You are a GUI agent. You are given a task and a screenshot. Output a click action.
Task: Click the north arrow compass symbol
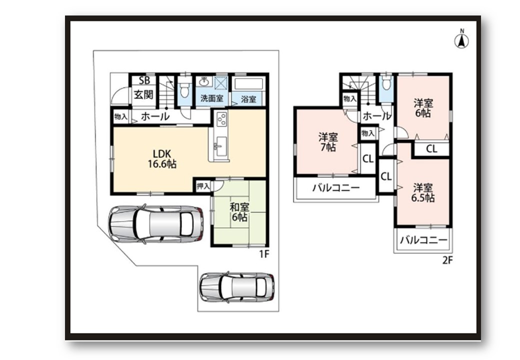pyautogui.click(x=461, y=40)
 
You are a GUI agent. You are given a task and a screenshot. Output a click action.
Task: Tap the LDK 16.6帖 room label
pyautogui.click(x=162, y=159)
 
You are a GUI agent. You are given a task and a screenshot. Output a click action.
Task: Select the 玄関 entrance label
pyautogui.click(x=143, y=94)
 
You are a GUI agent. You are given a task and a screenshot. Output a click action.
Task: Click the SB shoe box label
pyautogui.click(x=144, y=80)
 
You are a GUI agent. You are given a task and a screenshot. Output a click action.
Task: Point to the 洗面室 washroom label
pyautogui.click(x=211, y=98)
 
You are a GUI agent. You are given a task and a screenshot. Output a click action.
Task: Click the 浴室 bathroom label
pyautogui.click(x=248, y=99)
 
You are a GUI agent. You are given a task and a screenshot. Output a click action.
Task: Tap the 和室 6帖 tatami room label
pyautogui.click(x=239, y=212)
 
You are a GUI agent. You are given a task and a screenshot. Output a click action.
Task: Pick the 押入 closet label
pyautogui.click(x=203, y=186)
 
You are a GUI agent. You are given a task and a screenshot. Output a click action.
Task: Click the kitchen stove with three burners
pyautogui.click(x=221, y=119)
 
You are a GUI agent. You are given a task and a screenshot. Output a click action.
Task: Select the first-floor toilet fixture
pyautogui.click(x=184, y=88)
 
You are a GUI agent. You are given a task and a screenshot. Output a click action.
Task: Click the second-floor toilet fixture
pyautogui.click(x=385, y=83)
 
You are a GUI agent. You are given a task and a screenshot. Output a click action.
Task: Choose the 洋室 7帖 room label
pyautogui.click(x=328, y=142)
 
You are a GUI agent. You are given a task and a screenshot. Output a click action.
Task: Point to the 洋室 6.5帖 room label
pyautogui.click(x=423, y=193)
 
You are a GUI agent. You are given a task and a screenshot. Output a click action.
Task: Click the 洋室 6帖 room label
pyautogui.click(x=423, y=108)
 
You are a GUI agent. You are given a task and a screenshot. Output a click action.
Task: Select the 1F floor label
pyautogui.click(x=264, y=254)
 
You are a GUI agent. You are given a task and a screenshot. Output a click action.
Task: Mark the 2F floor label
pyautogui.click(x=447, y=260)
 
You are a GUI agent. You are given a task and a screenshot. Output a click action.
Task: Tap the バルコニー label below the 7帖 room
pyautogui.click(x=336, y=188)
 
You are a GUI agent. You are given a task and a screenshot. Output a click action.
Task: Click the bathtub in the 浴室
pyautogui.click(x=248, y=83)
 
